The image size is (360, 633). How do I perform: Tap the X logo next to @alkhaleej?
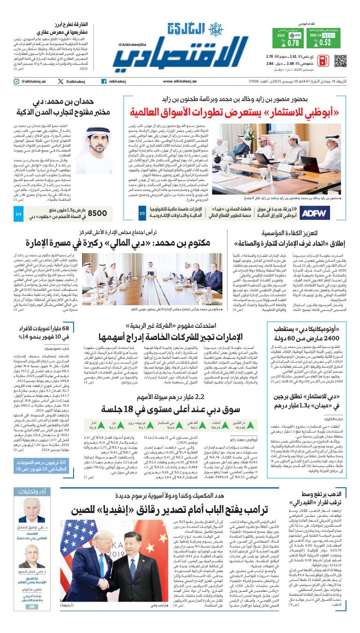[60, 82]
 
